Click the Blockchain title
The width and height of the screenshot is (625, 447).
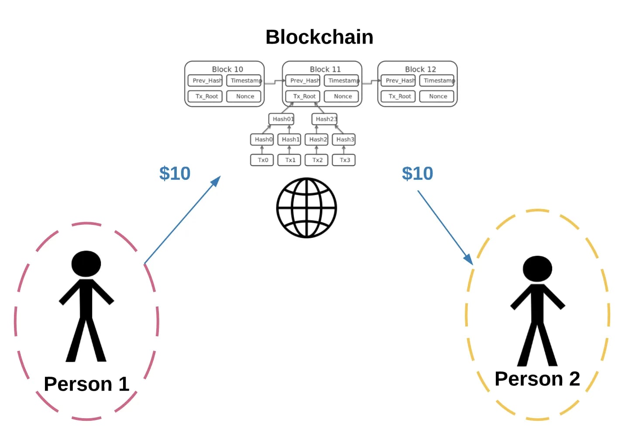[x=319, y=37]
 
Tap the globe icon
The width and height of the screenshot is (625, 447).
[x=306, y=208]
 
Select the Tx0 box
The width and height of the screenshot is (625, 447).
[x=262, y=160]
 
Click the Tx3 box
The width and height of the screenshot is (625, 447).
[x=344, y=160]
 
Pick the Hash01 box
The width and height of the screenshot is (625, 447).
[x=282, y=119]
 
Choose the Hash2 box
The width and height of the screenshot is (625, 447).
[x=316, y=140]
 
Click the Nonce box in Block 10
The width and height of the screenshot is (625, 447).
[x=244, y=96]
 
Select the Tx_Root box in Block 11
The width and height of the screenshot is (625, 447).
[x=303, y=96]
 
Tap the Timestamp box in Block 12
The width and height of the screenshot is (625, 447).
[x=437, y=81]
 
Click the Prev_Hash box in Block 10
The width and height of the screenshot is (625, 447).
[x=206, y=81]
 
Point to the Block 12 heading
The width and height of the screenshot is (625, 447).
[x=420, y=69]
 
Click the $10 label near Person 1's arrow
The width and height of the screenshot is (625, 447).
[x=175, y=174]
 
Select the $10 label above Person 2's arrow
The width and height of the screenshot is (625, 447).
[x=417, y=174]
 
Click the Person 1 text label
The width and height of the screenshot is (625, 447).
[x=86, y=384]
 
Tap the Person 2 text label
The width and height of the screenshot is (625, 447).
[x=537, y=379]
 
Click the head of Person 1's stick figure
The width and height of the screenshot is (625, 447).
[x=86, y=264]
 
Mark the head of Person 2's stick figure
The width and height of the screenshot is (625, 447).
[x=537, y=268]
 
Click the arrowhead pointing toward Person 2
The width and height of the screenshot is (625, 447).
[x=469, y=260]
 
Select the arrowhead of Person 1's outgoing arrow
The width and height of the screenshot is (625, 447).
[x=216, y=181]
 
